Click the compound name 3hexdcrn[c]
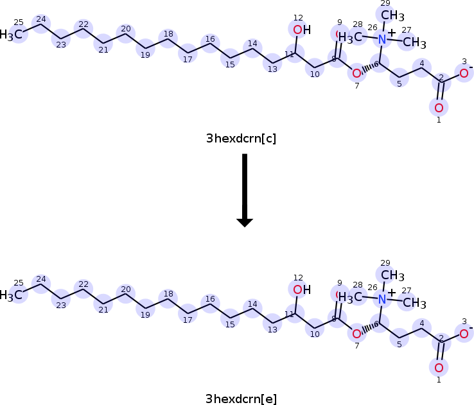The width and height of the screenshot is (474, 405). pyautogui.click(x=241, y=138)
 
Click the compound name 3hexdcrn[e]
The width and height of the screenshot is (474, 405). pyautogui.click(x=241, y=399)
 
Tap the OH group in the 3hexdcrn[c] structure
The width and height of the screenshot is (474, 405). pyautogui.click(x=301, y=30)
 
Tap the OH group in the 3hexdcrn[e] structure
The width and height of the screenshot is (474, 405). pyautogui.click(x=301, y=289)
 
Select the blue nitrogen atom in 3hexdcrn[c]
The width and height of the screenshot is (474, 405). pyautogui.click(x=383, y=39)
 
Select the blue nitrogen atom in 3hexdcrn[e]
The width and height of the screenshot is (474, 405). pyautogui.click(x=383, y=299)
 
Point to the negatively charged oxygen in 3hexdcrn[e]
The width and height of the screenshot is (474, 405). pyautogui.click(x=464, y=332)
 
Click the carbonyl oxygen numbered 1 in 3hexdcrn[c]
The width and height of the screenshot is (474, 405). pyautogui.click(x=439, y=107)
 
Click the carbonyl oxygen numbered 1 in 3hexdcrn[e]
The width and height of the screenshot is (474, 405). pyautogui.click(x=439, y=368)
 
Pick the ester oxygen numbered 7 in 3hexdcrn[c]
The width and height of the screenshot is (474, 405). pyautogui.click(x=356, y=73)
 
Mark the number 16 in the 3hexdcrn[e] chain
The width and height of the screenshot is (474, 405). pyautogui.click(x=209, y=300)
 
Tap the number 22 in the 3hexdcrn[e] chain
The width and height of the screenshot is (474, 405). pyautogui.click(x=83, y=284)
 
